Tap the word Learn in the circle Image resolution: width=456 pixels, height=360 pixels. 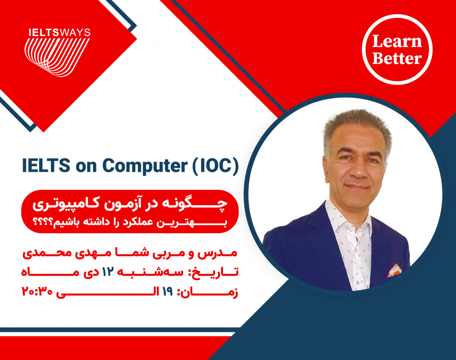(x=397, y=41)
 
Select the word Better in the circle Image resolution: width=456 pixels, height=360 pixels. (x=397, y=58)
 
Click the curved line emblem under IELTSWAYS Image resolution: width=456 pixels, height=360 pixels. (x=57, y=55)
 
